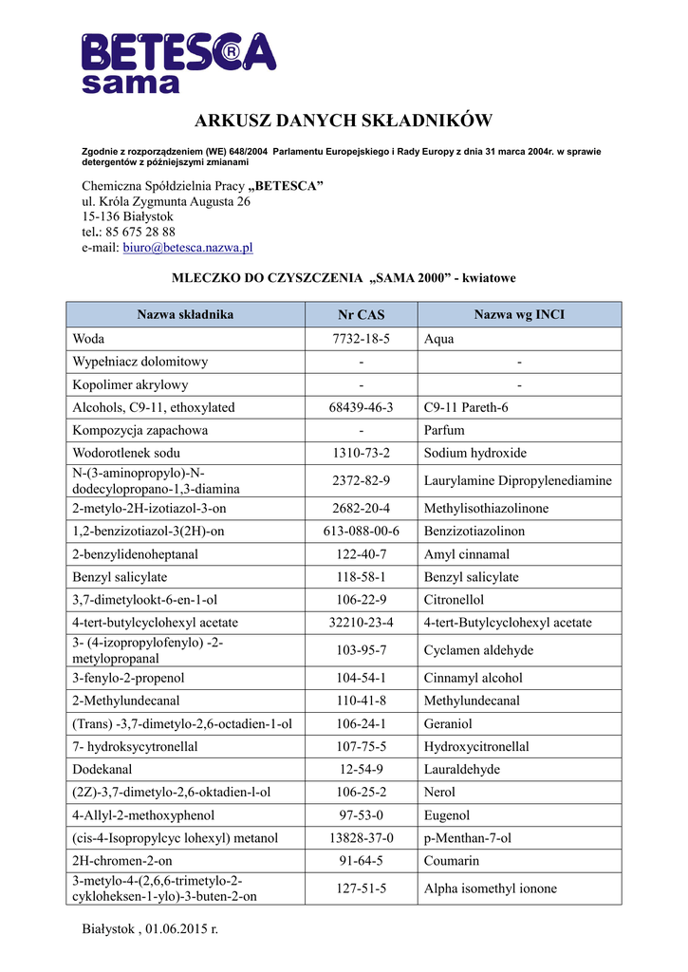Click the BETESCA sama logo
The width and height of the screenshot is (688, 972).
(x=178, y=62)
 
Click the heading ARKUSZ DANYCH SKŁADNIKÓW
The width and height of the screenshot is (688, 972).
(x=344, y=121)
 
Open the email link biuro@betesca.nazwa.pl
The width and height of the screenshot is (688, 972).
(x=188, y=248)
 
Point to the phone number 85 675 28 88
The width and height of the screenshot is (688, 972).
(x=140, y=232)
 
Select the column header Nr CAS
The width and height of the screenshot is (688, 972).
(x=362, y=315)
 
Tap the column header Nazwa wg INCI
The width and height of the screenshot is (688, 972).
(x=519, y=314)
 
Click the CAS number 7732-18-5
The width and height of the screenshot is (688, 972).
(x=362, y=339)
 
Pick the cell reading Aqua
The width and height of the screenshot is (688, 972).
(x=439, y=339)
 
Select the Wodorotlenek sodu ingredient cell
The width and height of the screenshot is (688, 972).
(x=126, y=453)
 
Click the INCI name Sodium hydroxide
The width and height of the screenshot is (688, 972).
(x=475, y=453)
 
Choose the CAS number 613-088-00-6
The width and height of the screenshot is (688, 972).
(x=362, y=532)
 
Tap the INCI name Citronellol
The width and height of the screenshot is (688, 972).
(x=454, y=600)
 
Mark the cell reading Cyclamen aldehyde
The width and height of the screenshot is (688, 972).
(x=478, y=650)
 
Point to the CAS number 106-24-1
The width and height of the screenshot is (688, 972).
(x=362, y=723)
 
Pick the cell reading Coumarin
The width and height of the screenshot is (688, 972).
(x=452, y=861)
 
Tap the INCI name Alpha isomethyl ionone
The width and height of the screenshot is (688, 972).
(x=491, y=888)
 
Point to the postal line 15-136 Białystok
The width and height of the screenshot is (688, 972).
(x=127, y=216)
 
